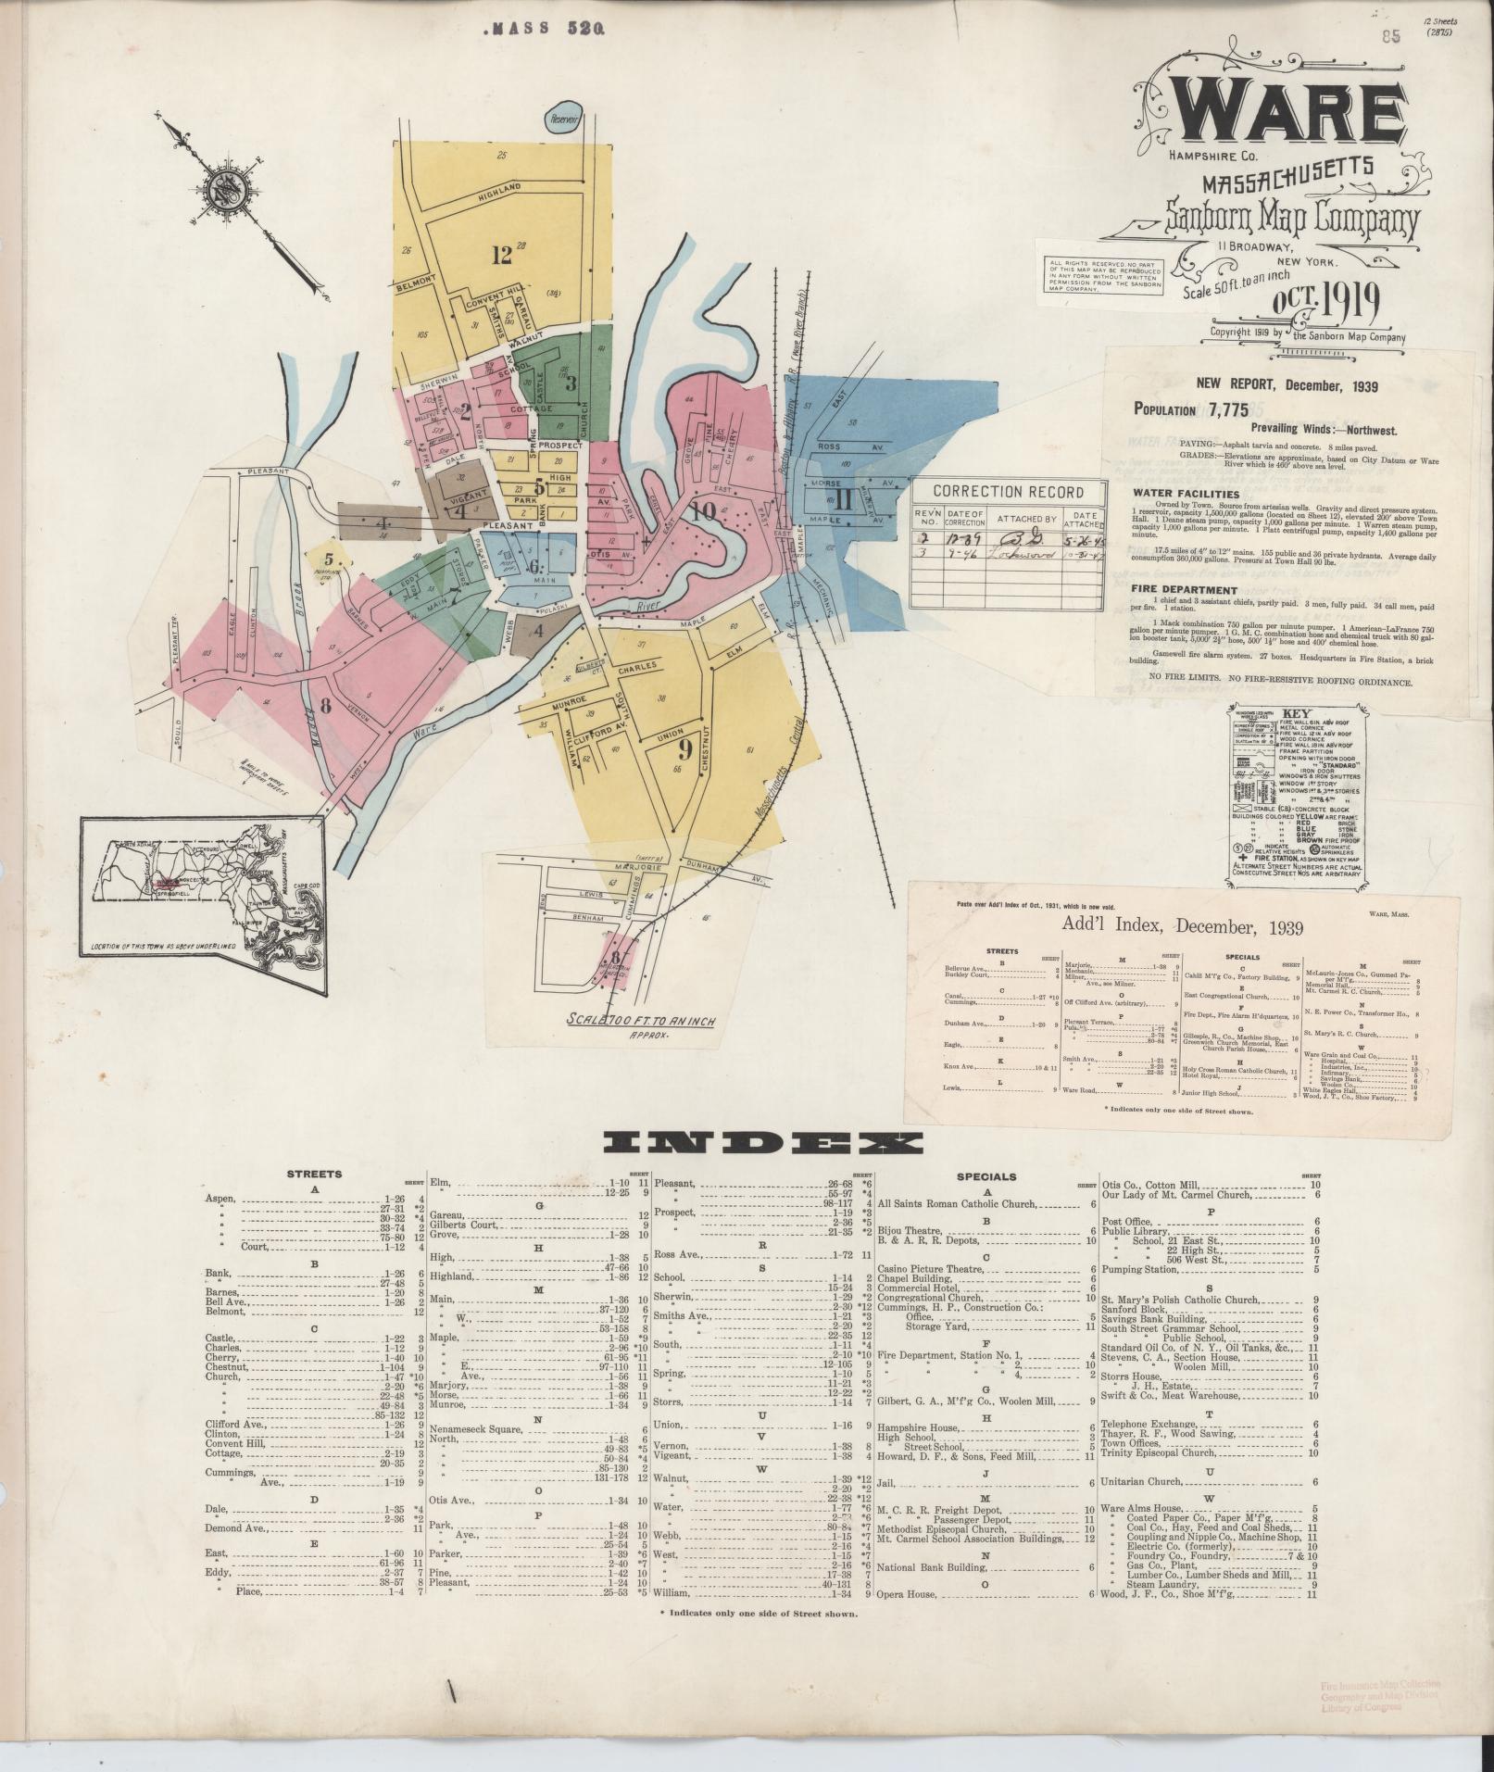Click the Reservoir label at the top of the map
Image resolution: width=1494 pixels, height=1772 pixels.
563,119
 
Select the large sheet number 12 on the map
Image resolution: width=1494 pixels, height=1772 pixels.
501,255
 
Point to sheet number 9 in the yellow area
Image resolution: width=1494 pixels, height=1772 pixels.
685,746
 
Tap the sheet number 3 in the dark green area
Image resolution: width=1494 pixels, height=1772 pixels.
571,382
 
